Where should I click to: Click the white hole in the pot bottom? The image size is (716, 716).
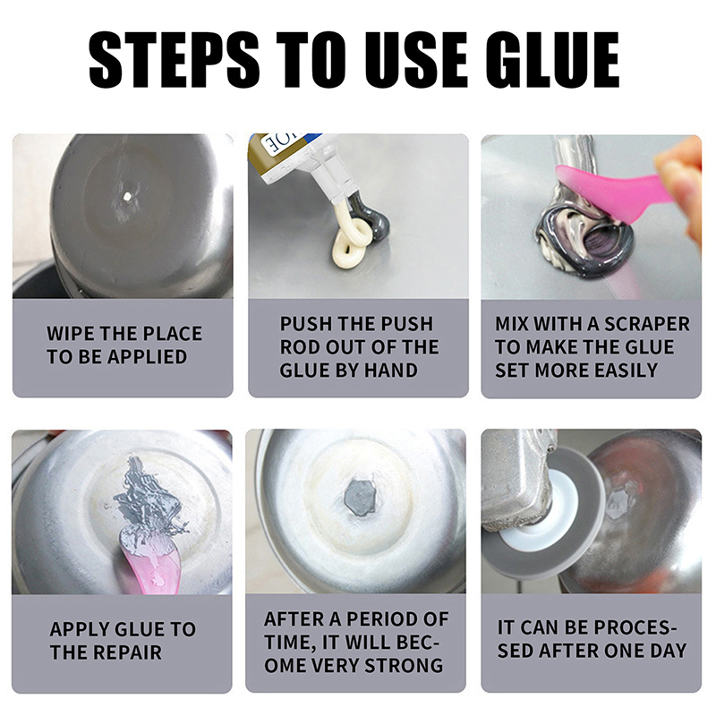(x=126, y=197)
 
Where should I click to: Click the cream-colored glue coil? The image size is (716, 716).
(x=353, y=240)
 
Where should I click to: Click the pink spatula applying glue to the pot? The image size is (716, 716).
(x=149, y=559)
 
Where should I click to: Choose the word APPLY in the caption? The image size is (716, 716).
(x=75, y=629)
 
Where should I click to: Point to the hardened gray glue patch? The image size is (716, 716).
(x=360, y=498)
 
